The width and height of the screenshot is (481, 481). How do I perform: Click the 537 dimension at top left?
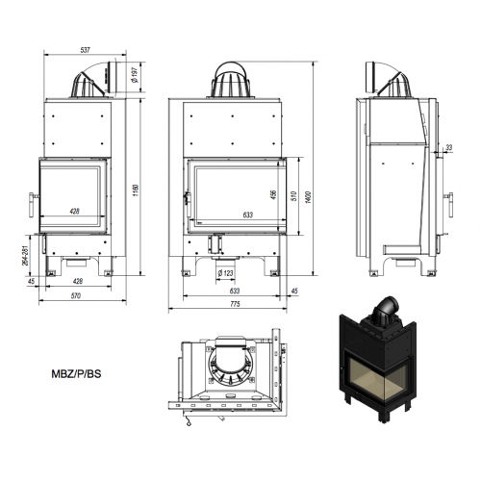(85, 50)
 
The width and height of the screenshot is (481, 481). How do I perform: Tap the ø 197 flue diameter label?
(135, 75)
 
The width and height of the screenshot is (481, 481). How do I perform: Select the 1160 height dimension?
(136, 190)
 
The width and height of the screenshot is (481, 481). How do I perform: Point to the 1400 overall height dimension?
(308, 197)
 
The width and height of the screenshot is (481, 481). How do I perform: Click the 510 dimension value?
(294, 196)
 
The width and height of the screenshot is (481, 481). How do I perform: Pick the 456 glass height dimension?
(273, 194)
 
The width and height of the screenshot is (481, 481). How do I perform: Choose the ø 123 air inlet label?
(225, 273)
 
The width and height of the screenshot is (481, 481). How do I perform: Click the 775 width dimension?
(235, 304)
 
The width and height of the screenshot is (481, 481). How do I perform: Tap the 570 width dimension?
(76, 295)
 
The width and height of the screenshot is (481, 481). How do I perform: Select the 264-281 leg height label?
(27, 255)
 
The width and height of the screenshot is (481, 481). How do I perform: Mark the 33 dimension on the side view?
(449, 147)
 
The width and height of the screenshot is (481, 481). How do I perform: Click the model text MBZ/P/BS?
(76, 374)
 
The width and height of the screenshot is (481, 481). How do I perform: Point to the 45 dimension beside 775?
(294, 291)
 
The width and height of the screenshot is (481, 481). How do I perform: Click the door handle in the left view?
(33, 205)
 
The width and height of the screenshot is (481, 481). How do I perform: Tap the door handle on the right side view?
(448, 205)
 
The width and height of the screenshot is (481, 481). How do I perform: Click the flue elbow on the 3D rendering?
(386, 307)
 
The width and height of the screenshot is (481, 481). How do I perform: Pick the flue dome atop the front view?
(231, 79)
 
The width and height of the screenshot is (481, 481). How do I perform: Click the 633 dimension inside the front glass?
(248, 215)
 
